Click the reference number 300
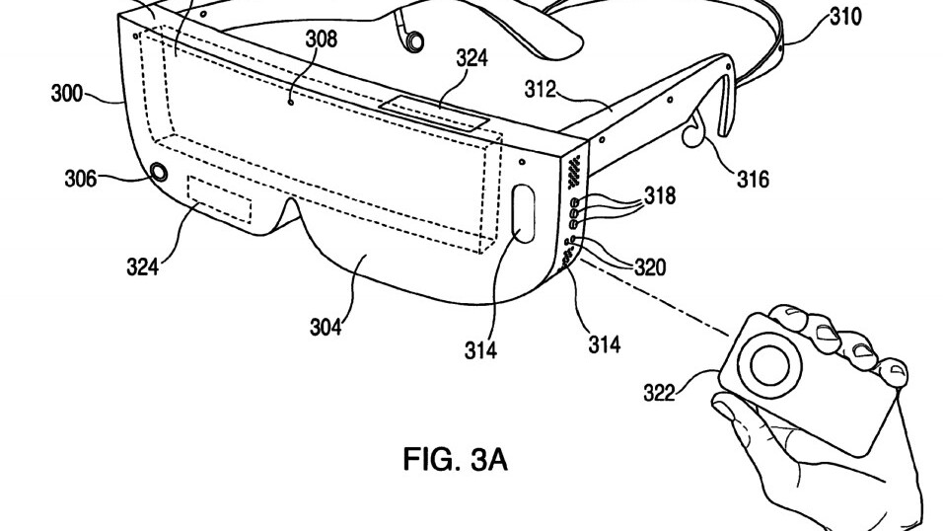67,95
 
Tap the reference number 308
322,39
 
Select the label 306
81,179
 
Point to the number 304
326,328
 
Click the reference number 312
541,90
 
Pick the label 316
753,179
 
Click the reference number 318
660,195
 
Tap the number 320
650,266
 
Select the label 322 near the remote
660,393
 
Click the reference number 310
845,18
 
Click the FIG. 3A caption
456,459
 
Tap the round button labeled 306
160,173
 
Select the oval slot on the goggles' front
522,213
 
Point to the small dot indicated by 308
292,103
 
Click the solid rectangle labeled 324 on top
434,113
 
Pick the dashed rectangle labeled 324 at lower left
220,199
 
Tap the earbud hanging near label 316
692,132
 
